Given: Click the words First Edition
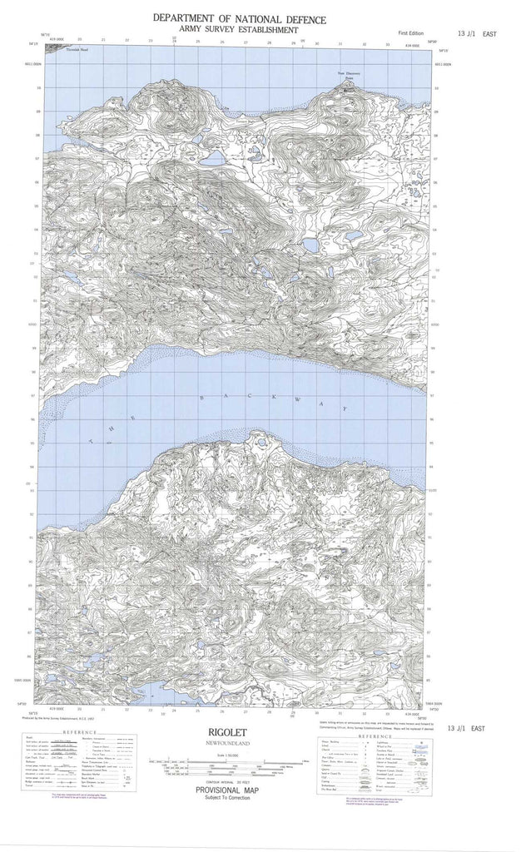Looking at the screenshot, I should coord(410,32).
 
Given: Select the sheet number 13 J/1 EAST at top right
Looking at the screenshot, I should coord(476,33).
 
